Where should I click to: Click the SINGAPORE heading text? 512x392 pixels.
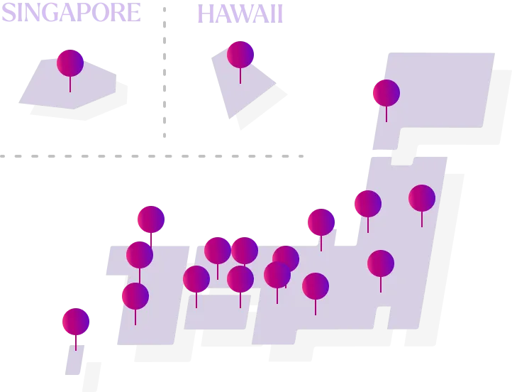71,12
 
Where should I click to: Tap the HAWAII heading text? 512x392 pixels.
240,14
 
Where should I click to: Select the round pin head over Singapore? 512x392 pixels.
70,63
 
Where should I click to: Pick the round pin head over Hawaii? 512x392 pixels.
240,55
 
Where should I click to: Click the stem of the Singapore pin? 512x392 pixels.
70,85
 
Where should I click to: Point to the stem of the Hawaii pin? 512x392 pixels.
240,76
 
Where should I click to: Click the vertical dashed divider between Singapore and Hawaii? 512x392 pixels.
165,72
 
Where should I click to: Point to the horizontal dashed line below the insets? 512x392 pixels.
152,156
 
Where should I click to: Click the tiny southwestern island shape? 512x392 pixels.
74,359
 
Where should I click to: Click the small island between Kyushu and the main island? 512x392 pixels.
217,312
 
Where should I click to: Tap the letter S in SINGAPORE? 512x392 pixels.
9,12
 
